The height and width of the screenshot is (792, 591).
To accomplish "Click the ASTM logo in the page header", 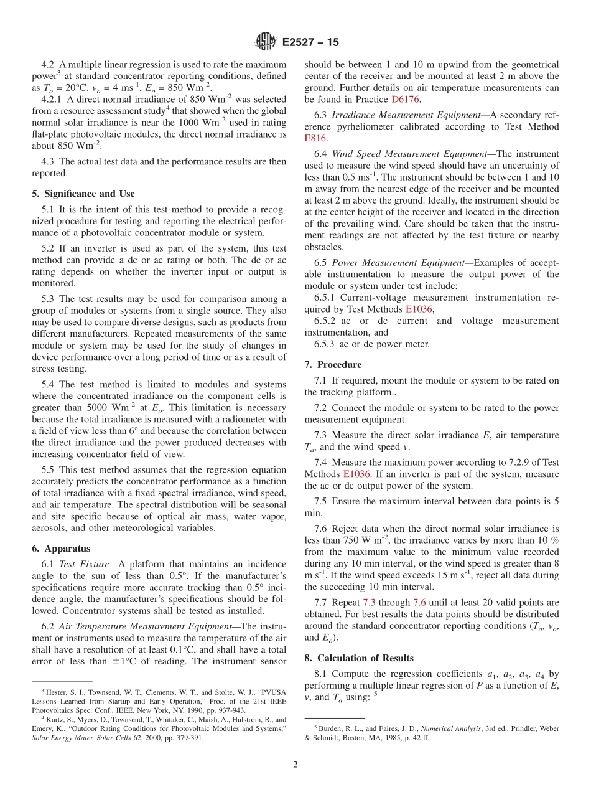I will (266, 42).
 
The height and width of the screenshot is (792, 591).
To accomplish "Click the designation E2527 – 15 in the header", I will (310, 43).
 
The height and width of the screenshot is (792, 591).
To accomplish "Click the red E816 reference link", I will (315, 138).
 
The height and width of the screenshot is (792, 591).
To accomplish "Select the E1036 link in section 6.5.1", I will (419, 309).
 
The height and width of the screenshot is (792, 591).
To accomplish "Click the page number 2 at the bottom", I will (295, 765).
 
